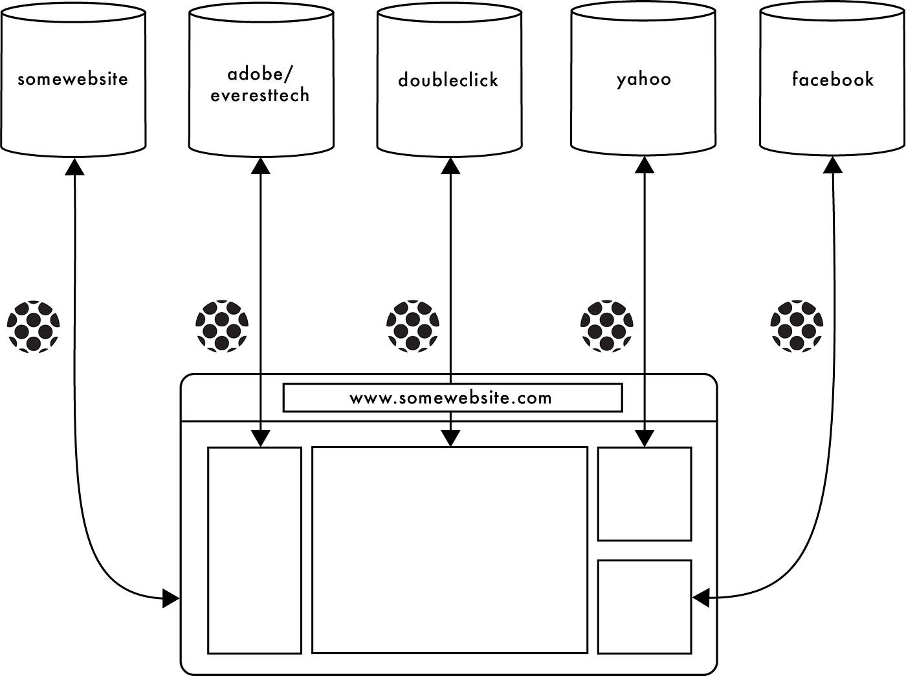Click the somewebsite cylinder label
point(73,80)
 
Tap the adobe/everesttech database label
point(260,85)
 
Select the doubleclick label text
point(448,80)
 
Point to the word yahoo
point(643,80)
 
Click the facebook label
point(833,80)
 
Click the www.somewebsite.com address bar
point(452,398)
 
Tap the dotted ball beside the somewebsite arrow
point(34,326)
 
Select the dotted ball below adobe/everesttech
point(222,326)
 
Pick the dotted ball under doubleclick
point(413,326)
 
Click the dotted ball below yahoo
point(606,326)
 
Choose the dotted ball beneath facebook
point(797,326)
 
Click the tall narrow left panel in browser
point(254,550)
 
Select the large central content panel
point(450,550)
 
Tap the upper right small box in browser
point(645,493)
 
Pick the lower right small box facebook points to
point(645,607)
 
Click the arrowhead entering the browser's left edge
point(171,599)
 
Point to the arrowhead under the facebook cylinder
point(833,165)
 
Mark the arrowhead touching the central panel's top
point(450,439)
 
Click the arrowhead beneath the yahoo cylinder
point(645,165)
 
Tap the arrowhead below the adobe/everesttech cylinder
point(260,166)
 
